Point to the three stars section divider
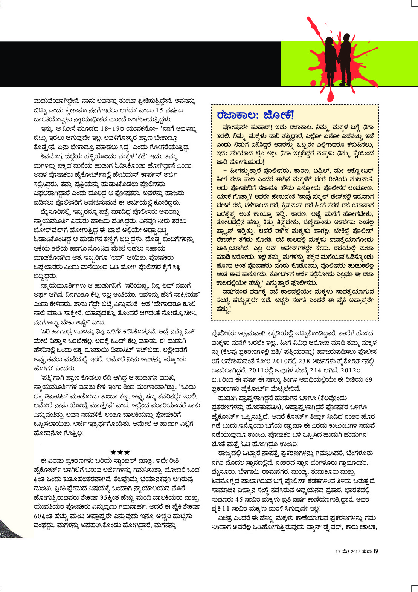click(121, 452)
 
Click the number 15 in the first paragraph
click(159, 110)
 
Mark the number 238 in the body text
click(304, 361)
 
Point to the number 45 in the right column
click(239, 500)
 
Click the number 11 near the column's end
click(226, 509)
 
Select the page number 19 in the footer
click(375, 551)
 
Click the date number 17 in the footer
click(338, 552)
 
